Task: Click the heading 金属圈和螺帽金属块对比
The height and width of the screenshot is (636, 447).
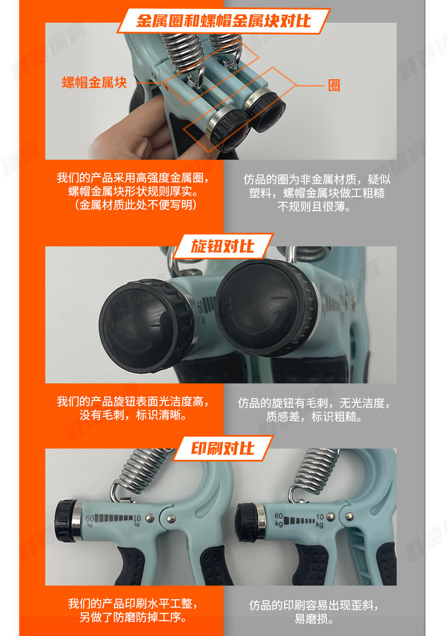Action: pos(223,22)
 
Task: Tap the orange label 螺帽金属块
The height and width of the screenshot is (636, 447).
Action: pos(94,83)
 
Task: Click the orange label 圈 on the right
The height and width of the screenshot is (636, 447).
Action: pos(334,86)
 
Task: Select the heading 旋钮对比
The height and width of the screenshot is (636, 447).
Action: pos(223,246)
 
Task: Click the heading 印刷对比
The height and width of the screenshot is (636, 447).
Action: pos(223,449)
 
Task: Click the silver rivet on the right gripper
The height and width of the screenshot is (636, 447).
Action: pos(350,516)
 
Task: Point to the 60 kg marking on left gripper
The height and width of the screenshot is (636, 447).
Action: pos(90,520)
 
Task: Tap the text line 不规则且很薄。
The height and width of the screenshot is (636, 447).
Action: pos(314,207)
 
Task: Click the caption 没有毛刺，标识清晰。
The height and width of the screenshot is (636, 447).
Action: pos(134,416)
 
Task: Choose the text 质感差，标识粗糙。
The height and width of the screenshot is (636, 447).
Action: pos(314,417)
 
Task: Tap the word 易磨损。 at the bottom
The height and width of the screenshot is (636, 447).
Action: pos(314,619)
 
